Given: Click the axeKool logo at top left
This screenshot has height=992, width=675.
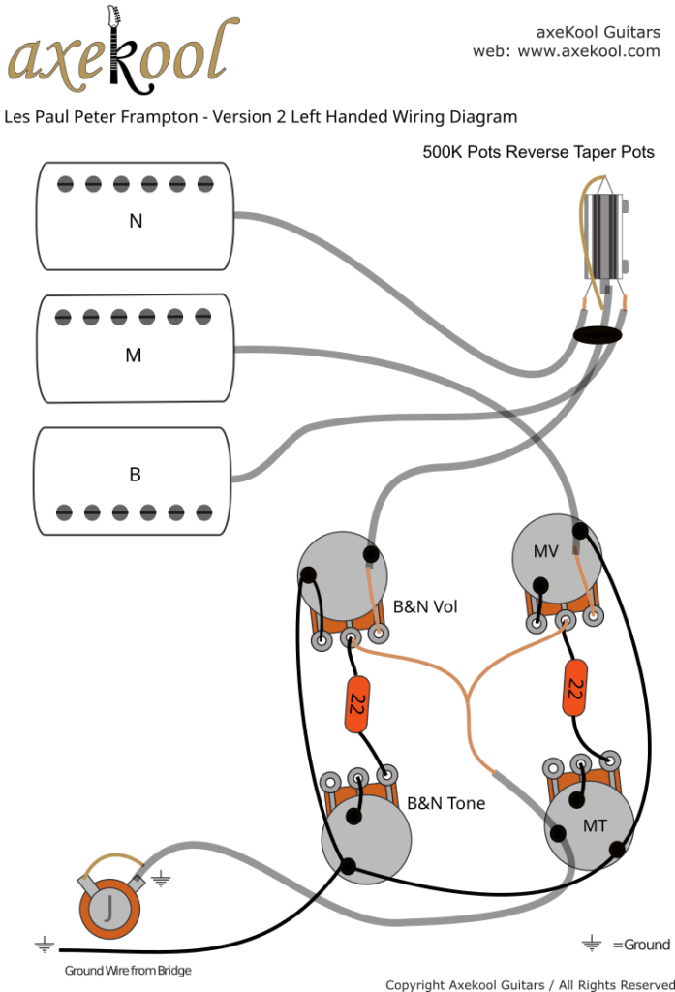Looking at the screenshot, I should pos(121,53).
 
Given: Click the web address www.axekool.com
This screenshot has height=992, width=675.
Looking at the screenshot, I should pos(589,51).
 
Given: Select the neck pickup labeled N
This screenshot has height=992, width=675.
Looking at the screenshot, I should pos(136,217).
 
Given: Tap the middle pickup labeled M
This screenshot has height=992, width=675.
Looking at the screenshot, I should pos(134,352).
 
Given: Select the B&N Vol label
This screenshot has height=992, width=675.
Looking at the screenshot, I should pos(425,607).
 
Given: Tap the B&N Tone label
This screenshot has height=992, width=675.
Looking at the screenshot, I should pos(445,803).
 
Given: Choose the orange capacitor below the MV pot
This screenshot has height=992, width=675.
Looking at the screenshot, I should pos(574,687).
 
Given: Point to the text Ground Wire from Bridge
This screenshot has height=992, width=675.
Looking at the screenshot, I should pos(128,970).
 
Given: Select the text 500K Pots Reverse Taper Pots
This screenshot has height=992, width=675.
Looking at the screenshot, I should pos(537,152).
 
